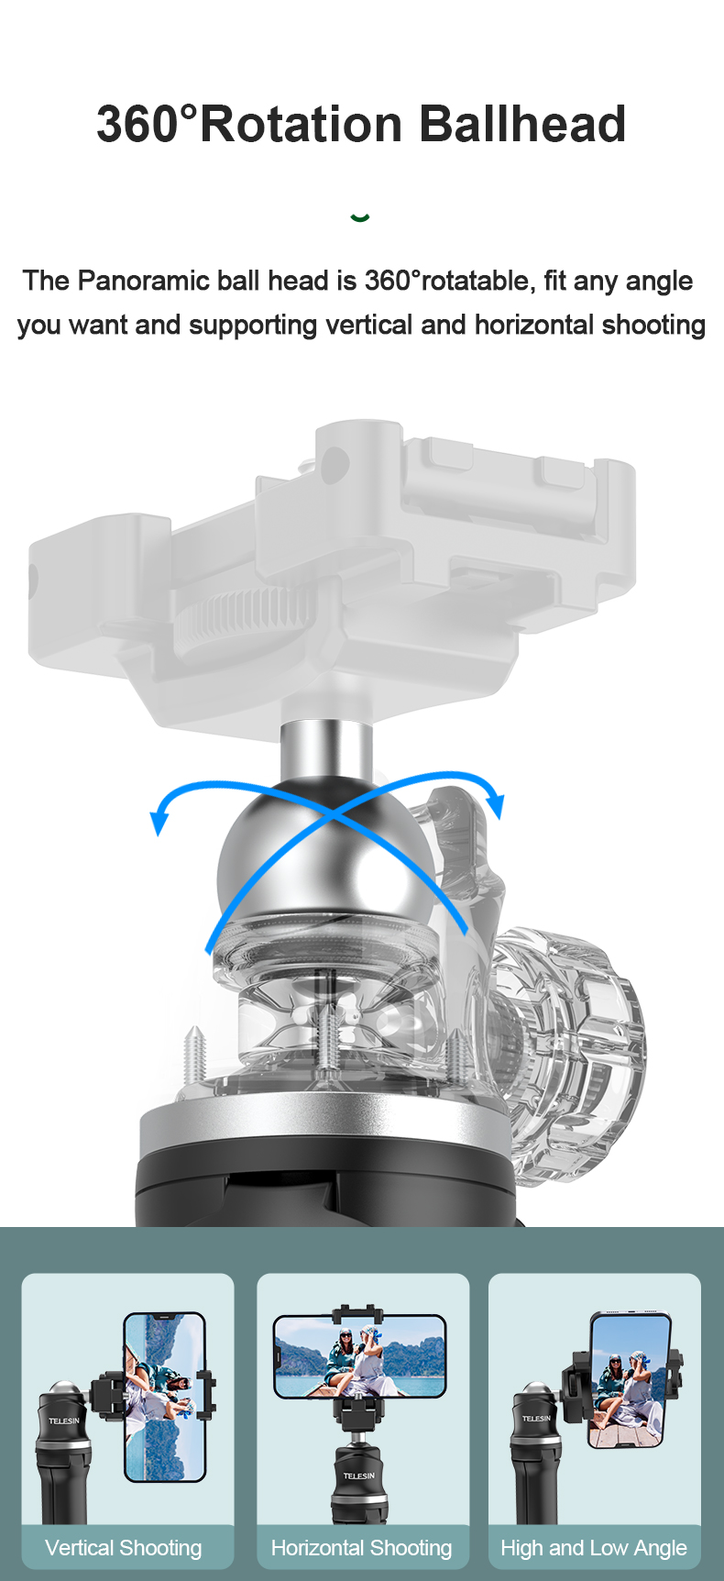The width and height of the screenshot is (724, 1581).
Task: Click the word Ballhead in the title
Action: coord(522,125)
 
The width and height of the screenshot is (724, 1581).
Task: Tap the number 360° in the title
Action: coord(147,125)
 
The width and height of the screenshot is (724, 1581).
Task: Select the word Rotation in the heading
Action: coord(302,125)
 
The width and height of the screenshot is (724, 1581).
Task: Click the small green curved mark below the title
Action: coord(360,217)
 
